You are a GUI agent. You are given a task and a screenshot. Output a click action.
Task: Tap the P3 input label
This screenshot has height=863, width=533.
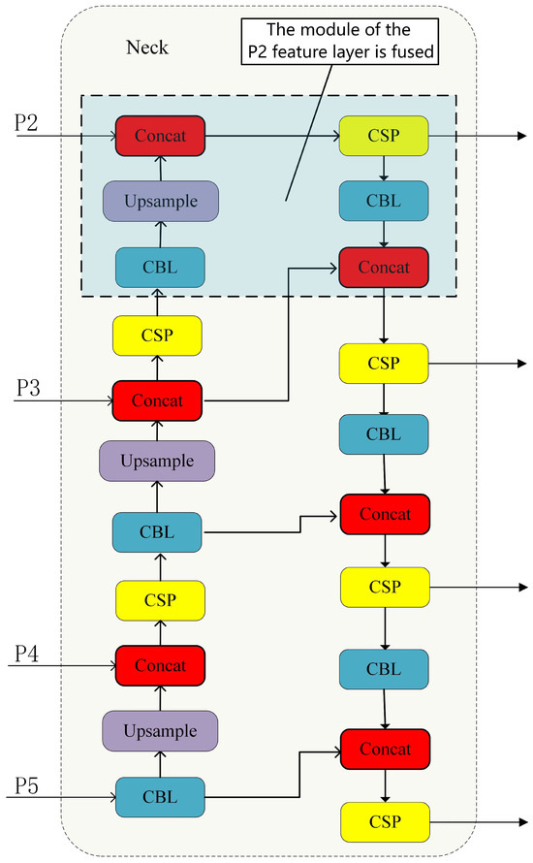(26, 387)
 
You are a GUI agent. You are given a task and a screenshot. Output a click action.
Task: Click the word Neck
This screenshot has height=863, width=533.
(146, 46)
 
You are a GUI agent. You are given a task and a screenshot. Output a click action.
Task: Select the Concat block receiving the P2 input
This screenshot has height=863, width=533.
(160, 134)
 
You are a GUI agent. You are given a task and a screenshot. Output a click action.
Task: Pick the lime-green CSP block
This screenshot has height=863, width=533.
(383, 134)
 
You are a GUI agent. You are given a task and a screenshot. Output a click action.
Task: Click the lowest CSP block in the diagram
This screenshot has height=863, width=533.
(383, 821)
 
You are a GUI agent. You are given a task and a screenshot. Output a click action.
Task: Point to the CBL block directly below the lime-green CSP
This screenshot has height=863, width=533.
(383, 200)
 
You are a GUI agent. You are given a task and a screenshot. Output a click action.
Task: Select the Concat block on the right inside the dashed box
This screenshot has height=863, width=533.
(383, 266)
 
